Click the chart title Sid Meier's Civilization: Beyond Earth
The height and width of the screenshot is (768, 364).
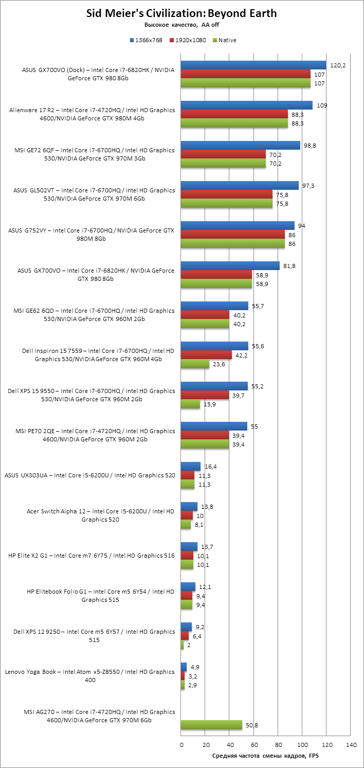(181, 14)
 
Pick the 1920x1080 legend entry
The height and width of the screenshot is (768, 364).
(188, 40)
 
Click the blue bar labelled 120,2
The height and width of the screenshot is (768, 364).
(253, 65)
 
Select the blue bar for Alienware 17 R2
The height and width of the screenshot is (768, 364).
(247, 105)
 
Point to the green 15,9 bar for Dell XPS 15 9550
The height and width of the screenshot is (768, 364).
(190, 404)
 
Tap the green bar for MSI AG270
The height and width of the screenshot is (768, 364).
(211, 725)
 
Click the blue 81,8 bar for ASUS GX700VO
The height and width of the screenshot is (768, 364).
(230, 265)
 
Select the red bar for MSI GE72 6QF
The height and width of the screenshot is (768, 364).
(223, 154)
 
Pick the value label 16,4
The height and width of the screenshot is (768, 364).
(211, 467)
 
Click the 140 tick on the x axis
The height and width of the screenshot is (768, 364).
(351, 744)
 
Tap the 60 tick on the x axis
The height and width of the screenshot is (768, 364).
(253, 744)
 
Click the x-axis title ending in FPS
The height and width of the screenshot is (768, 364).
(265, 756)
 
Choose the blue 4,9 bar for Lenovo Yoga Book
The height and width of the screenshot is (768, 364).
(184, 667)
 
